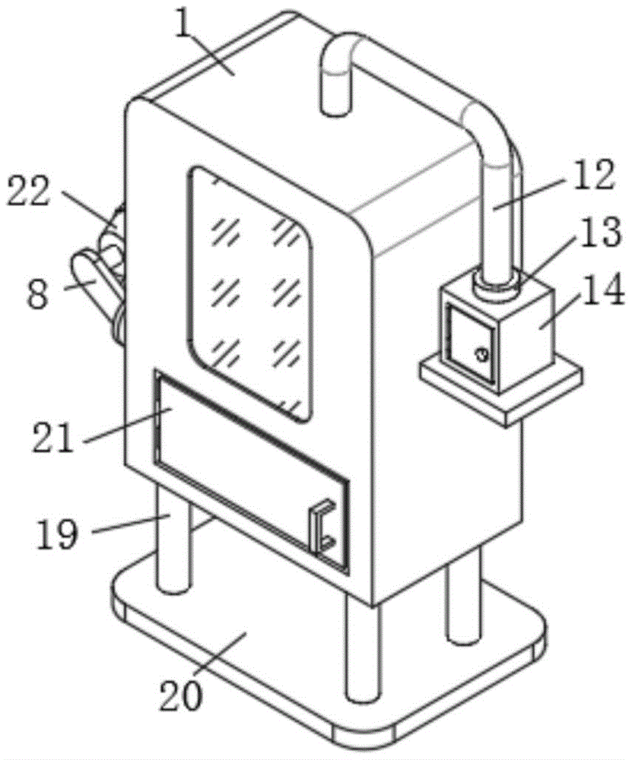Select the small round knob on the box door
481,353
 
